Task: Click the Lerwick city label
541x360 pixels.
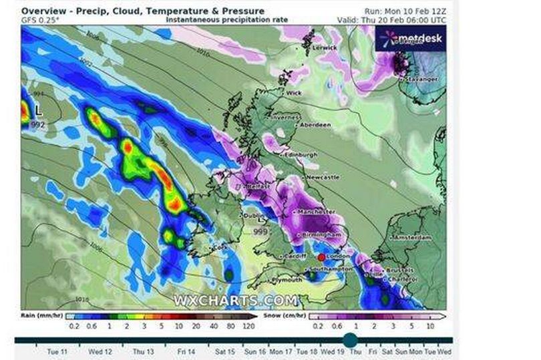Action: tap(327, 48)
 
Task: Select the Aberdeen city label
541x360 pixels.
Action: tap(315, 125)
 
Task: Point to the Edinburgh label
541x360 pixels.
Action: tap(302, 155)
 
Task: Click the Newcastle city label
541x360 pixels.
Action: tap(323, 177)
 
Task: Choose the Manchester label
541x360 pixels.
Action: tap(317, 212)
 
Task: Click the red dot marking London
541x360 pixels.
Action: tap(321, 256)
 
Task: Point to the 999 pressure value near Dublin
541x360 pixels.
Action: tap(261, 231)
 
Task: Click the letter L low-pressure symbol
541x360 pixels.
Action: tap(39, 108)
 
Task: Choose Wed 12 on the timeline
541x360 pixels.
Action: tap(100, 351)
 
